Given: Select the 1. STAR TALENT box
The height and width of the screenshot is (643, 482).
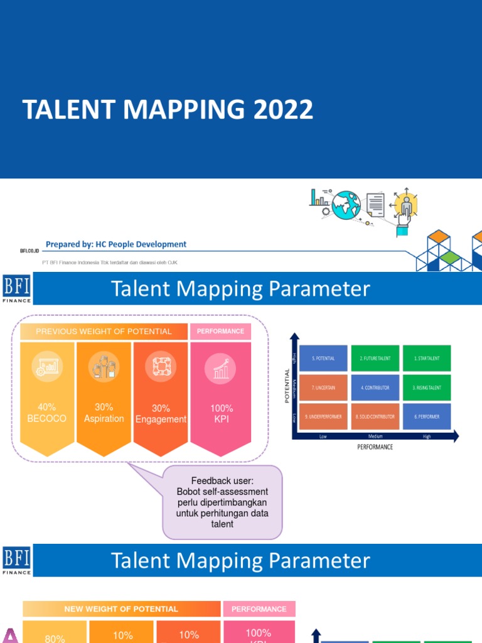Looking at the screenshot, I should (x=427, y=358).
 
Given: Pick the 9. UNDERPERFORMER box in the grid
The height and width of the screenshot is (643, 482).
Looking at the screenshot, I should (x=323, y=417).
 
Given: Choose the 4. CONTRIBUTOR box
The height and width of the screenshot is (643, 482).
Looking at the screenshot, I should (x=375, y=387).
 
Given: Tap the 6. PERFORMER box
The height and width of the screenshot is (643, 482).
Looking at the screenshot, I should (x=427, y=417).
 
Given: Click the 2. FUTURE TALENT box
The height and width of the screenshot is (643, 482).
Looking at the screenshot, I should (x=375, y=358).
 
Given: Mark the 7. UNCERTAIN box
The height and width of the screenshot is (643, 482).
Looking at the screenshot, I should (x=323, y=387).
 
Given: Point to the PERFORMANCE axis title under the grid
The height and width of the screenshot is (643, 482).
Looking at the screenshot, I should (x=375, y=447).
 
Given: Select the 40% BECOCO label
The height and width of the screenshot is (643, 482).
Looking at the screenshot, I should (x=46, y=413).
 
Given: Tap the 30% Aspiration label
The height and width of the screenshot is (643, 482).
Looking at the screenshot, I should (x=104, y=413).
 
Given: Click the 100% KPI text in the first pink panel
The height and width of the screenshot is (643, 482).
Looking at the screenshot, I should (x=221, y=413).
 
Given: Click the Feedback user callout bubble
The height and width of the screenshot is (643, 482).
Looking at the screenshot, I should (x=222, y=502).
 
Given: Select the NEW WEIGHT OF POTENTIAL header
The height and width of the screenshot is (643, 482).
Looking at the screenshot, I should (x=121, y=608).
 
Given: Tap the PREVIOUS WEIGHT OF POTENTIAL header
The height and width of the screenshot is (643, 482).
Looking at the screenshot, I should (x=104, y=331).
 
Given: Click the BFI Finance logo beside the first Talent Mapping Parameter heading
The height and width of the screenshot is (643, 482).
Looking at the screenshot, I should (x=17, y=289).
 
